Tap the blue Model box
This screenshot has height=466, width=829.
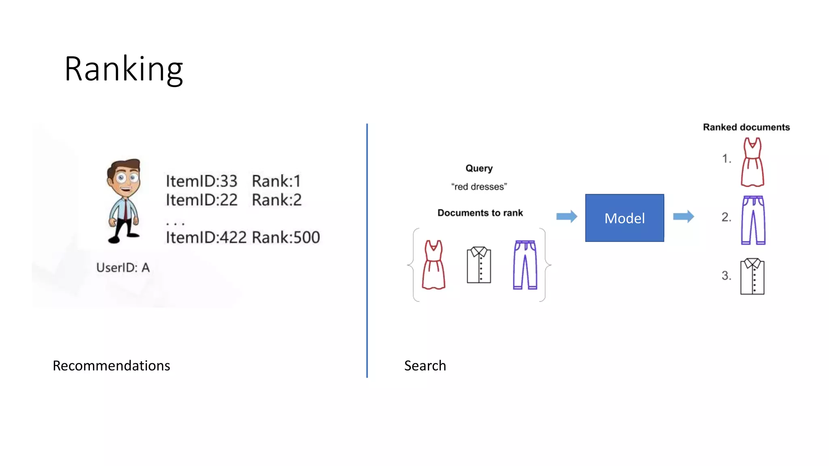(624, 218)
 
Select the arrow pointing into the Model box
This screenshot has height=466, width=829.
(566, 216)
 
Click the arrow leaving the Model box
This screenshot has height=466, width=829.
(683, 216)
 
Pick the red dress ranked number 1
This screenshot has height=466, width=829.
(752, 162)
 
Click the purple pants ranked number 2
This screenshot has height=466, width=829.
(753, 220)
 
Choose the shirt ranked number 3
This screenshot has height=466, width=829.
(752, 277)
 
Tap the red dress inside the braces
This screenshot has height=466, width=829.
(434, 265)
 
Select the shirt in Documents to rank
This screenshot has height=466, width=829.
(479, 265)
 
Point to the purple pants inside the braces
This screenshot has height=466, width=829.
(525, 265)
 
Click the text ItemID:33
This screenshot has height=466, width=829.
(201, 181)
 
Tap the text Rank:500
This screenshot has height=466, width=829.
(285, 237)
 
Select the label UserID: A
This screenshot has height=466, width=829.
(123, 267)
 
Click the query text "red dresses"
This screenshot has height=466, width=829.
(479, 187)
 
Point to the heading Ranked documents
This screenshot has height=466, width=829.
(746, 127)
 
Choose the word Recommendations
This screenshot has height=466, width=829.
(111, 366)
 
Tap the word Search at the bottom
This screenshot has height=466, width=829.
(425, 366)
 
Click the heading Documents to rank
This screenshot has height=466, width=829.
(480, 213)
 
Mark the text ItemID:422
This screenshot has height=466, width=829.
(206, 237)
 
